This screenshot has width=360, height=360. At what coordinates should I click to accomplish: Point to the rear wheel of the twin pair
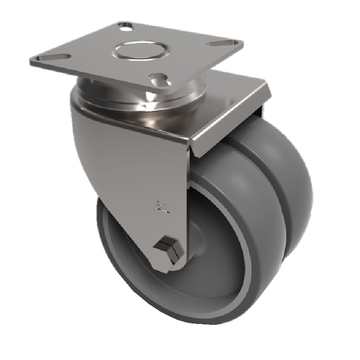pyautogui.click(x=288, y=180)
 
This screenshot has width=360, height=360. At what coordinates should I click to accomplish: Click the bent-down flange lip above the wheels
pyautogui.click(x=229, y=121)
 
